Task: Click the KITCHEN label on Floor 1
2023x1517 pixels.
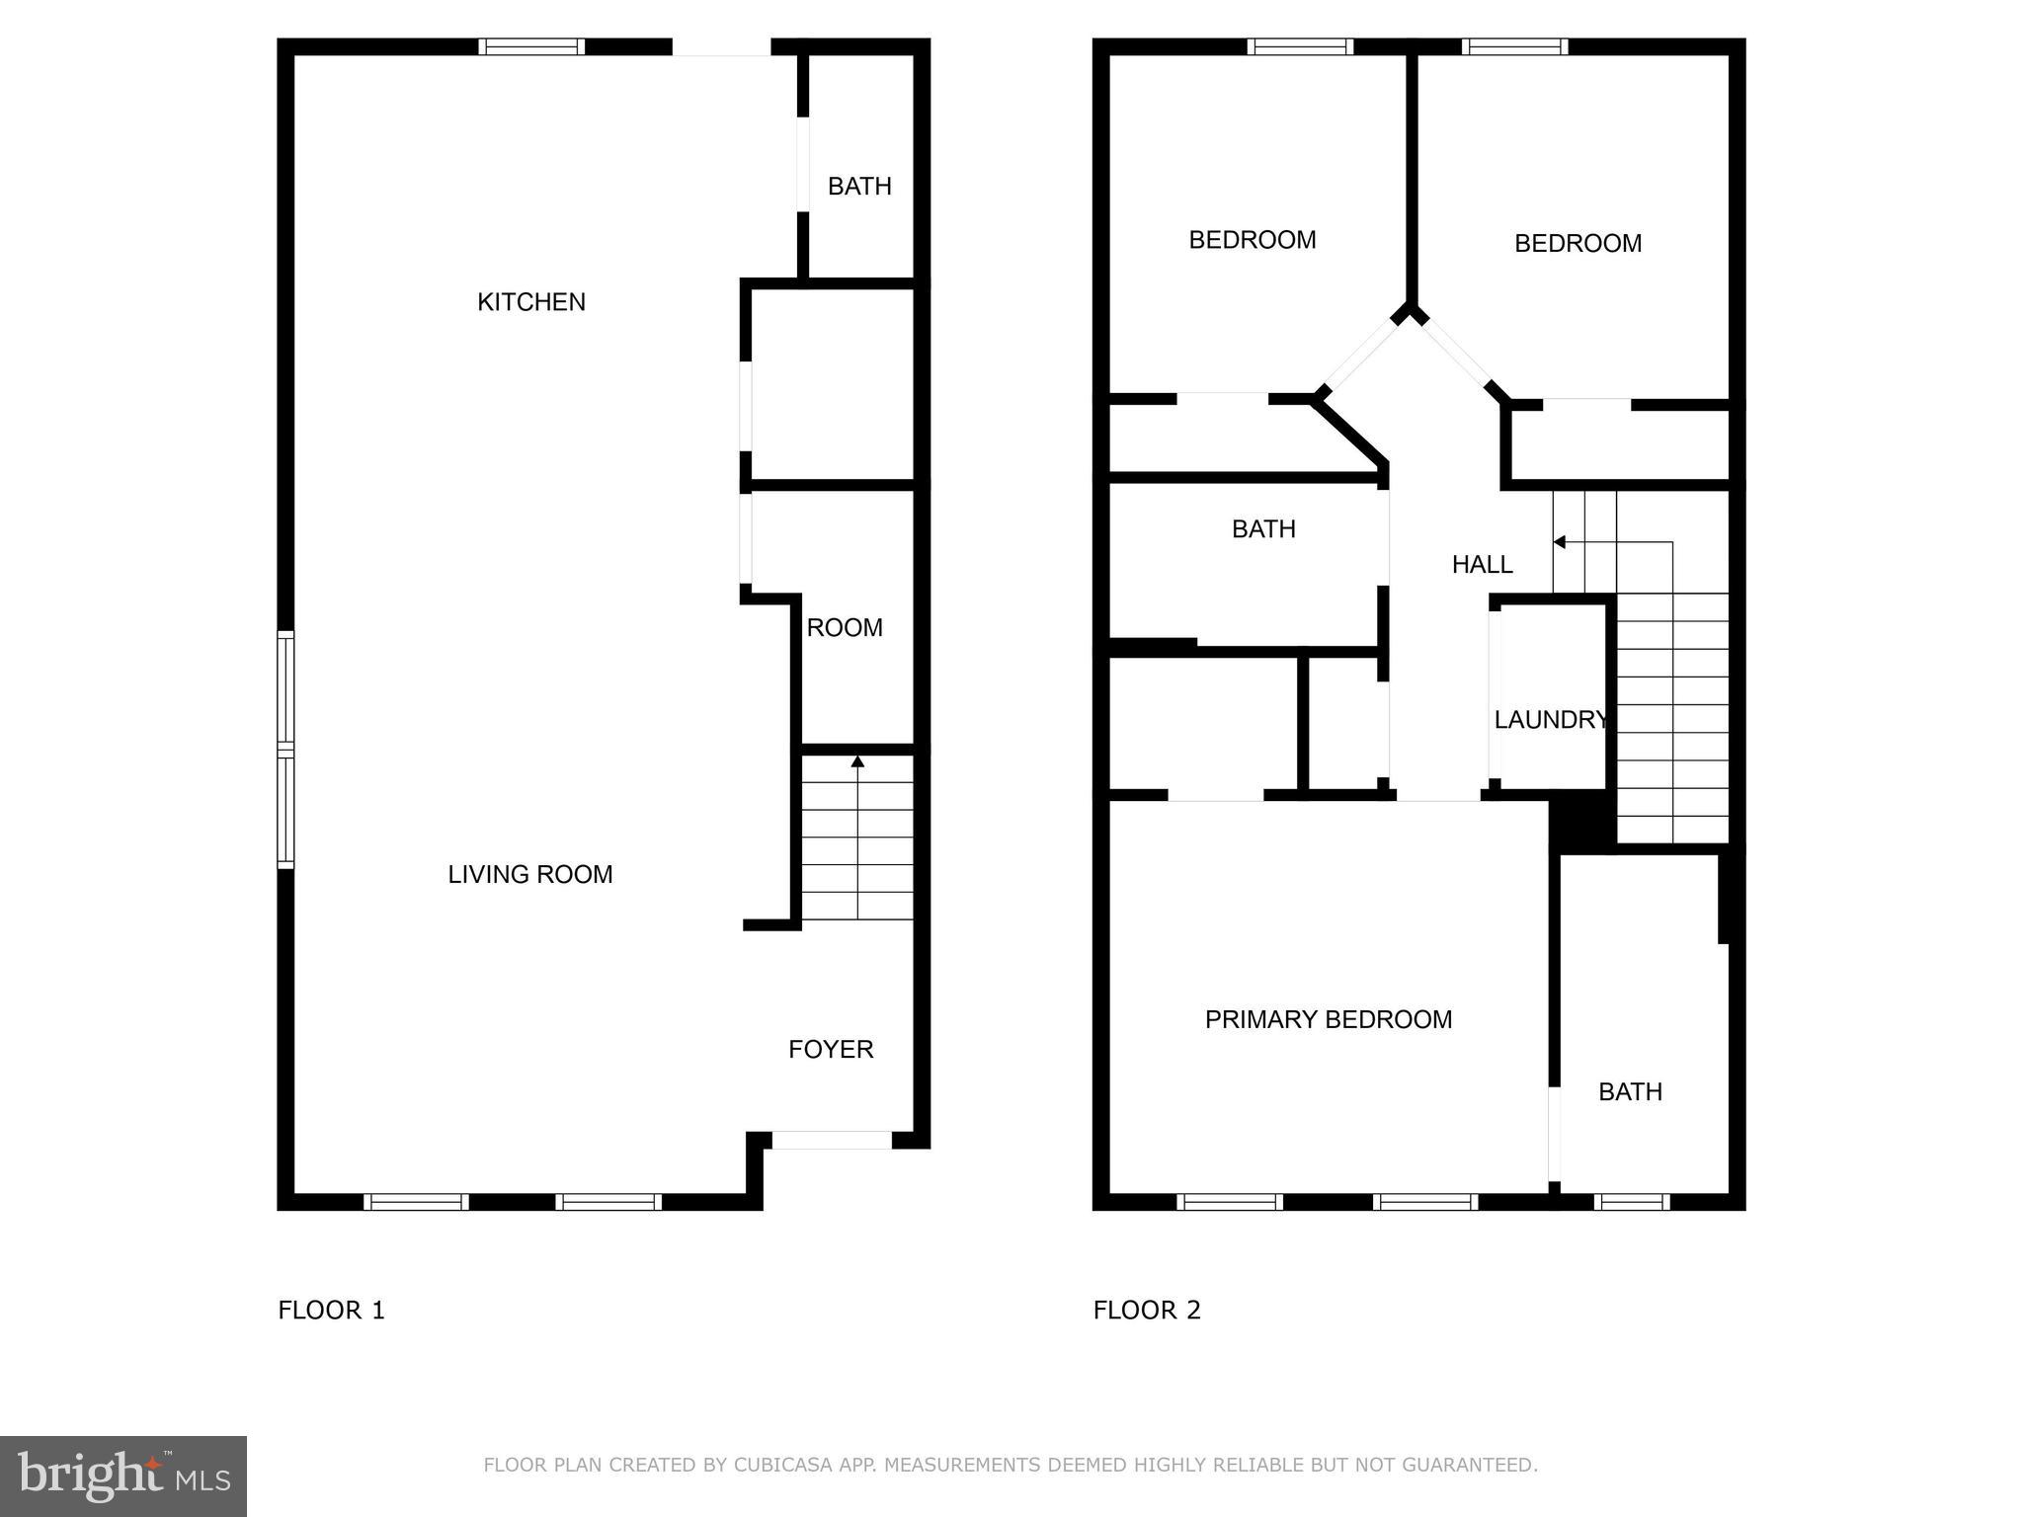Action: click(531, 302)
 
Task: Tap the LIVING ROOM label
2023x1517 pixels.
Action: click(530, 874)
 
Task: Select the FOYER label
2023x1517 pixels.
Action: click(831, 1049)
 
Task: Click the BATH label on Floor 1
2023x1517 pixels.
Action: click(859, 187)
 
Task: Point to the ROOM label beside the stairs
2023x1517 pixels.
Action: click(845, 628)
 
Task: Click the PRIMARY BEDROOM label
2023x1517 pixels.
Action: click(1329, 1019)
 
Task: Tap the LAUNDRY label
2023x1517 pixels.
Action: click(1550, 720)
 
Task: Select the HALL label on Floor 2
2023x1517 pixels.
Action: click(1482, 564)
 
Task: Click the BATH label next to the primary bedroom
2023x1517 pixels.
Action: click(1630, 1091)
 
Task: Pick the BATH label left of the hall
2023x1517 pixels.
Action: click(1263, 529)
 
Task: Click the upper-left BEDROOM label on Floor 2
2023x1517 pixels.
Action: click(1252, 240)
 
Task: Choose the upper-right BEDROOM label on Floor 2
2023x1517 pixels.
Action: click(1578, 243)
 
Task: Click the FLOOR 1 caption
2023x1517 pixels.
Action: click(331, 1311)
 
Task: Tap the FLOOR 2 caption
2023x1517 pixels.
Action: click(1146, 1311)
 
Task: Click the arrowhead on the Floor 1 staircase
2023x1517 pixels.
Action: click(857, 761)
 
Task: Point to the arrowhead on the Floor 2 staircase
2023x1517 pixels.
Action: click(1559, 542)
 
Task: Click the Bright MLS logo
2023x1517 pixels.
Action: click(123, 1476)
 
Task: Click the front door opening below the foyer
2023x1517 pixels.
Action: click(831, 1140)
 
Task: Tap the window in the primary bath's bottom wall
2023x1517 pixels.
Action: click(1631, 1202)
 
